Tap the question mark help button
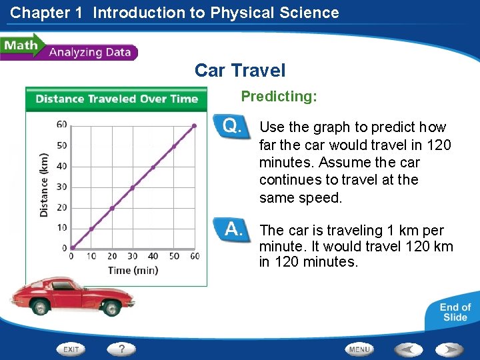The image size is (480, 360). click(121, 349)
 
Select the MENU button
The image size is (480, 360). click(359, 349)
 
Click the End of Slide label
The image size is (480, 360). click(455, 312)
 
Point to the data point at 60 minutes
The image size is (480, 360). click(194, 125)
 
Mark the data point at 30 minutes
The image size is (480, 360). click(133, 187)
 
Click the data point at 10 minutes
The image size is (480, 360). click(92, 229)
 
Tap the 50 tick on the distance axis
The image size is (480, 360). click(61, 145)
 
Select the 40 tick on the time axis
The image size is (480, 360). click(153, 256)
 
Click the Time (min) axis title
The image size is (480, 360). click(133, 270)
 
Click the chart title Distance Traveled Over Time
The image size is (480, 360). click(117, 99)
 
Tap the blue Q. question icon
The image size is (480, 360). click(231, 126)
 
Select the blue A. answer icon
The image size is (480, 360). click(231, 230)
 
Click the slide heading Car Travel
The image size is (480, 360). click(240, 70)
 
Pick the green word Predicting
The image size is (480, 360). click(279, 97)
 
